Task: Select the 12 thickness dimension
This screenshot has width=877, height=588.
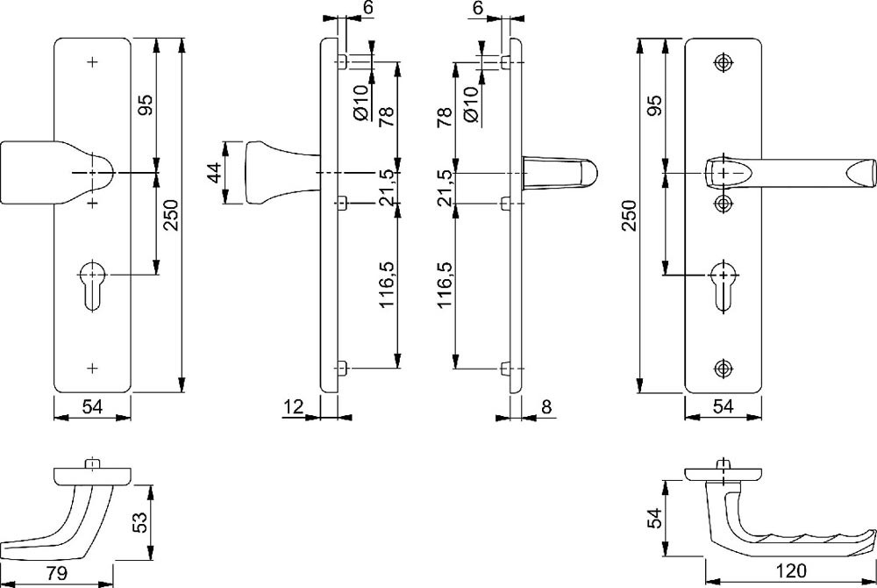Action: (293, 405)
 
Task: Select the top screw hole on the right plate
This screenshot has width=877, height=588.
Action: (723, 62)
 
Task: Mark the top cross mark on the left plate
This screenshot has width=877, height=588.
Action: (92, 62)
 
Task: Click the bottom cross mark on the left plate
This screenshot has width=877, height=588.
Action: (92, 366)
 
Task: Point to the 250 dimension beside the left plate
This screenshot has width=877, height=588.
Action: (171, 213)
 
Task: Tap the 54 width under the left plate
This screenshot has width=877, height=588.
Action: (93, 405)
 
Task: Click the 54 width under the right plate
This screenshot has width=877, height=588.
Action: (723, 405)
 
